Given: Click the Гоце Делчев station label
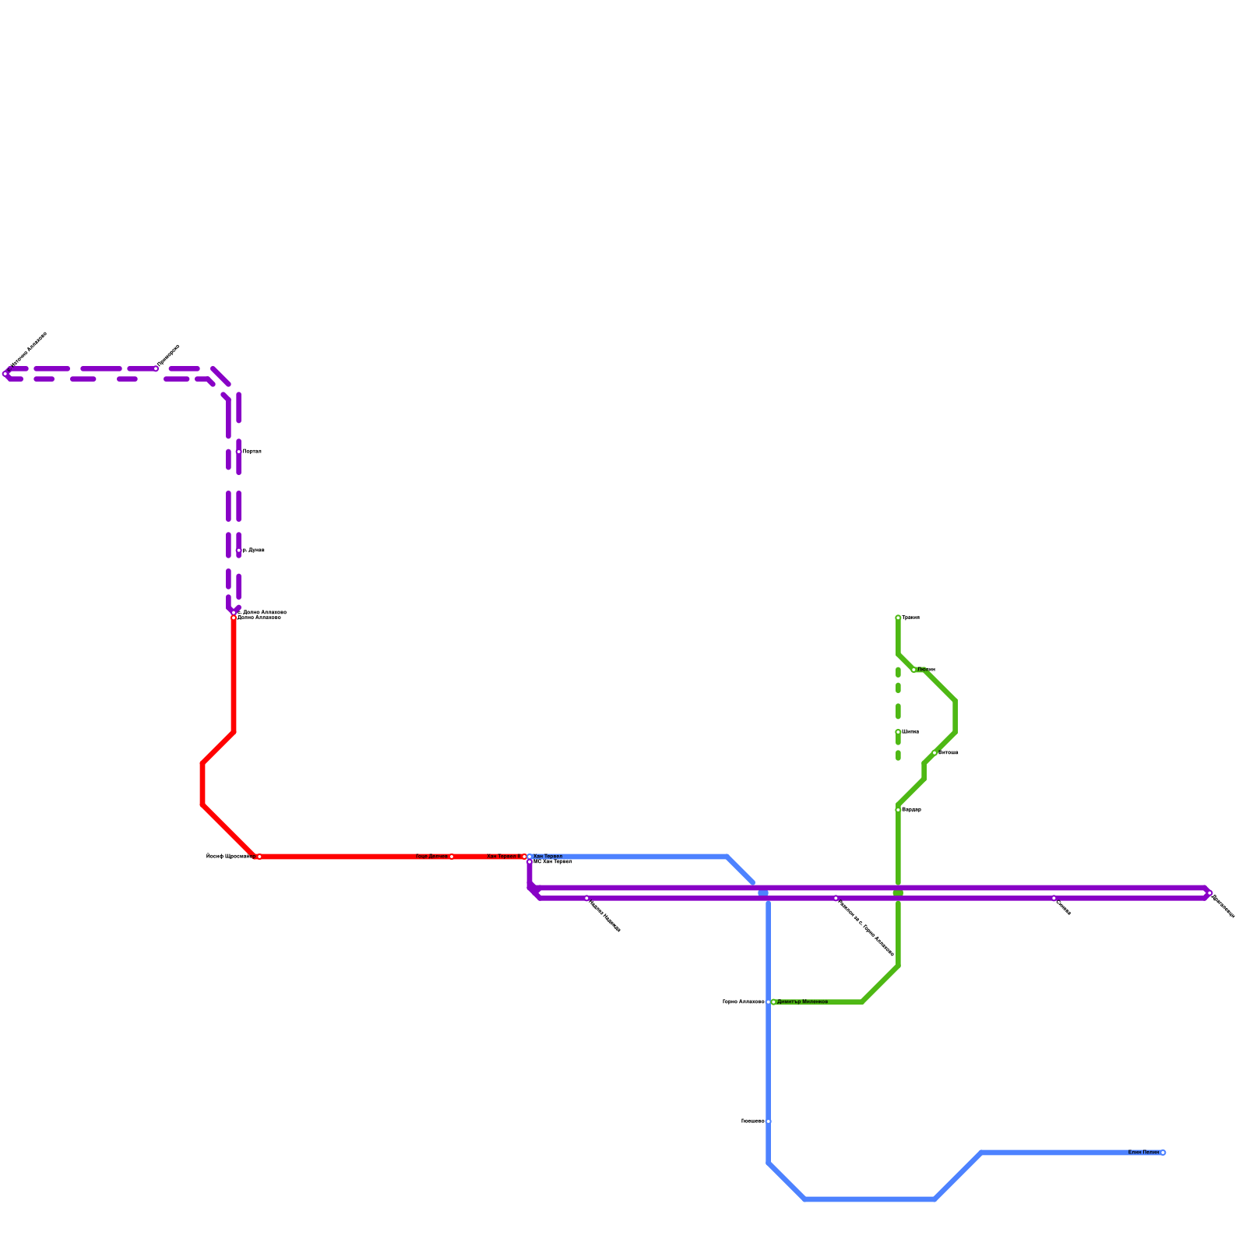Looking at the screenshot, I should click(x=431, y=857).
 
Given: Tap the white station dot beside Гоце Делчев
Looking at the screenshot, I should click(x=452, y=857).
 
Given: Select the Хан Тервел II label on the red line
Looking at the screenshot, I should click(x=503, y=857).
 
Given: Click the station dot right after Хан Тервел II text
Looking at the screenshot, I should click(x=524, y=857).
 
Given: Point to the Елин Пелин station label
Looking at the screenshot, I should click(x=1143, y=1153).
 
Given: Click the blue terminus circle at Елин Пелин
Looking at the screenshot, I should click(x=1163, y=1153).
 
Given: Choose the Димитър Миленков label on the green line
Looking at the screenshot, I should click(x=802, y=1001).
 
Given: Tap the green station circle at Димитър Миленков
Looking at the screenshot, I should click(x=773, y=1001).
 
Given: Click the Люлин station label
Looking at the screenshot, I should click(x=926, y=670).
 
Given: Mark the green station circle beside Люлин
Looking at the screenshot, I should click(x=913, y=670).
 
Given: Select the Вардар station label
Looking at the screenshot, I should click(x=911, y=810).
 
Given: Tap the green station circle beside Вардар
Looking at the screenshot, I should click(x=898, y=810).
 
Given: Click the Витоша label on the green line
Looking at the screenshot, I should click(x=948, y=753).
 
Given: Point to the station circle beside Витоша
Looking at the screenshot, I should click(x=935, y=753).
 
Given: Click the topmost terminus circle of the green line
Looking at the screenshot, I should click(x=898, y=618).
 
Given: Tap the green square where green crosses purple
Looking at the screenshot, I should click(x=898, y=893).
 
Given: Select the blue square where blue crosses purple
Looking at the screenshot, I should click(x=763, y=893).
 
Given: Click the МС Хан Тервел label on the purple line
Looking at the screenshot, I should click(x=553, y=862).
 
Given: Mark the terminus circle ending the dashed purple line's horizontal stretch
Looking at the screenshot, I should click(x=5, y=374).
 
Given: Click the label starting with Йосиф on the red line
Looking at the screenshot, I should click(x=229, y=857).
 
